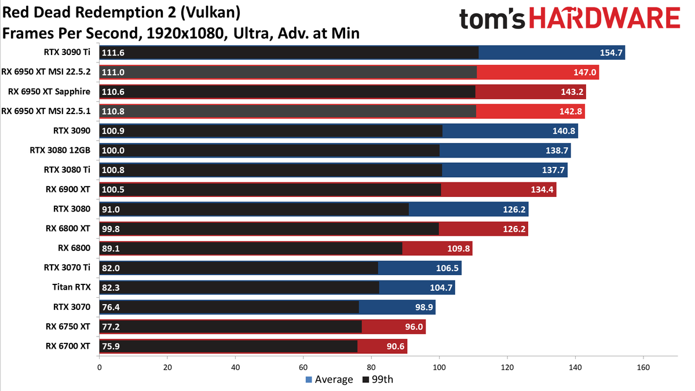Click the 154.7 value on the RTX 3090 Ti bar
click(611, 53)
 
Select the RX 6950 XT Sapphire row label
click(49, 92)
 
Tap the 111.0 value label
click(113, 72)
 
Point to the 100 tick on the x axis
click(439, 368)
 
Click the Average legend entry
click(329, 379)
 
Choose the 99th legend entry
click(378, 379)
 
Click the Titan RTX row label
click(71, 287)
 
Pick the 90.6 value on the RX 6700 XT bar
click(395, 346)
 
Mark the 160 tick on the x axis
click(643, 368)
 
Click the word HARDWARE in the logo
click(605, 19)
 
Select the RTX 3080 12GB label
click(60, 150)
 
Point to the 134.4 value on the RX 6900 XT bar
click(542, 189)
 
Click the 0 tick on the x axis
click(99, 368)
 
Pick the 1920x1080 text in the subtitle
click(185, 34)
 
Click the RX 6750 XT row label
click(68, 327)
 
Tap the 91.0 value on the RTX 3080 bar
click(111, 210)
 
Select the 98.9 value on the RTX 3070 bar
click(424, 307)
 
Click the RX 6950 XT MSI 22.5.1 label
click(46, 111)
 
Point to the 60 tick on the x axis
click(303, 368)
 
